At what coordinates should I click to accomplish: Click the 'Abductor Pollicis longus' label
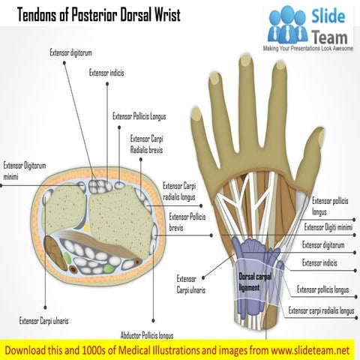coord(147,335)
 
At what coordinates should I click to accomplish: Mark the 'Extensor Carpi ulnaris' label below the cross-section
coord(43,320)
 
